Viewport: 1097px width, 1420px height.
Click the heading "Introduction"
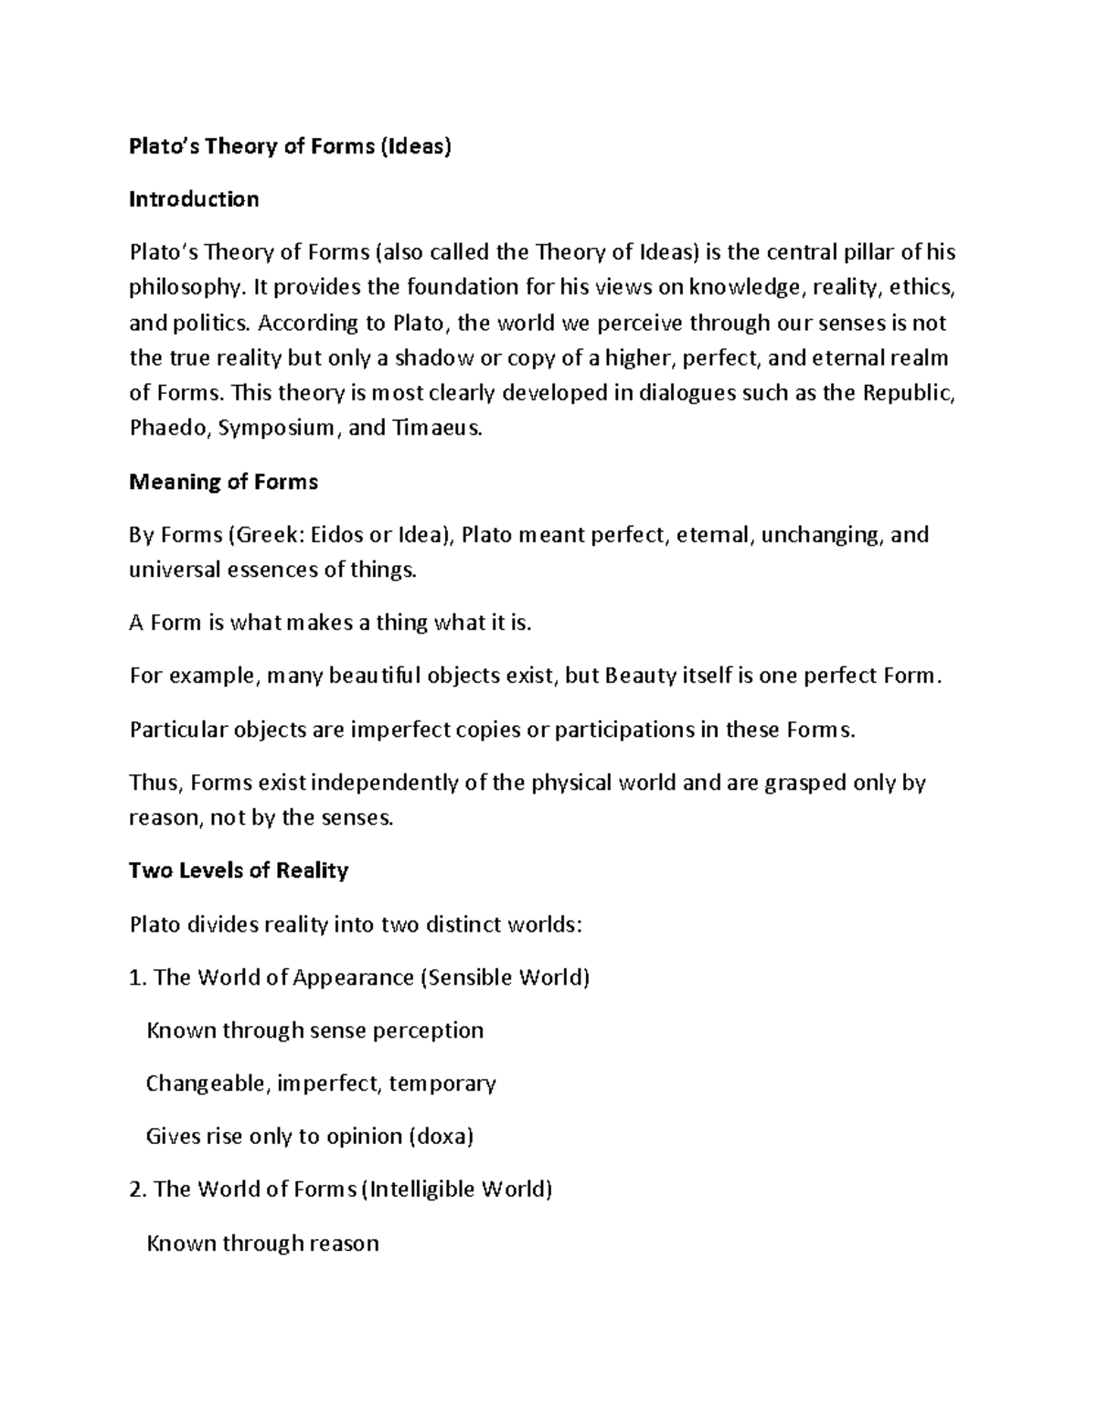pyautogui.click(x=194, y=199)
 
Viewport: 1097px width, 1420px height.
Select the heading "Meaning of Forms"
pyautogui.click(x=223, y=482)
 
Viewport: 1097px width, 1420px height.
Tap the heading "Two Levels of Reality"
pyautogui.click(x=239, y=870)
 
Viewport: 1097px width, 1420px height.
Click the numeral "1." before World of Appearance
pyautogui.click(x=138, y=977)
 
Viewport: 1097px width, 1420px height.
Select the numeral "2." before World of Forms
pyautogui.click(x=138, y=1190)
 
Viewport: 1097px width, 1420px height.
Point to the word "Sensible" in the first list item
pyautogui.click(x=469, y=977)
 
